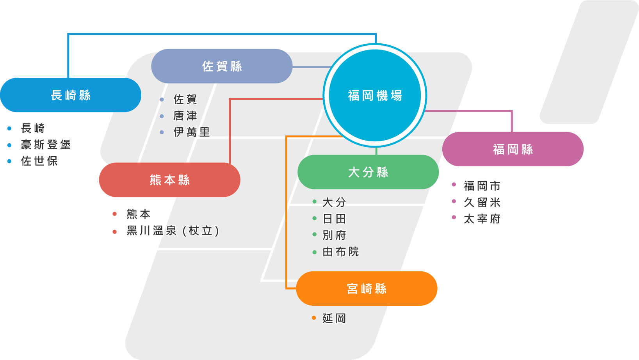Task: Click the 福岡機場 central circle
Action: point(375,95)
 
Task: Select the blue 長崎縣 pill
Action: point(71,95)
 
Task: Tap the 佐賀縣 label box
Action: point(222,66)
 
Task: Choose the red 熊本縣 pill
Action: point(169,180)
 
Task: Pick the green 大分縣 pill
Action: point(368,172)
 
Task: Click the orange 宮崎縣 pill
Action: point(367,289)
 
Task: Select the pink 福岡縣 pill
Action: point(513,149)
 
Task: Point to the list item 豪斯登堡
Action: point(46,144)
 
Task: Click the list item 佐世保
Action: point(39,161)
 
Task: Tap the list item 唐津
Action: point(185,116)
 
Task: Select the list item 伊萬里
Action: point(191,132)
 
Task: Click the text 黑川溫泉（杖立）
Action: point(173,231)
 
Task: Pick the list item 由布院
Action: point(340,252)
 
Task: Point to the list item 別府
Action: point(334,235)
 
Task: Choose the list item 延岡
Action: point(334,318)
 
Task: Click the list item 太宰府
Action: point(482,219)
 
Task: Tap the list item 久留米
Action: point(482,202)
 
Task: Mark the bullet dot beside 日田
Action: point(315,218)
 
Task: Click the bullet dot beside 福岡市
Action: point(454,185)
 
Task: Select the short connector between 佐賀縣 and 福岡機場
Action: point(310,67)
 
